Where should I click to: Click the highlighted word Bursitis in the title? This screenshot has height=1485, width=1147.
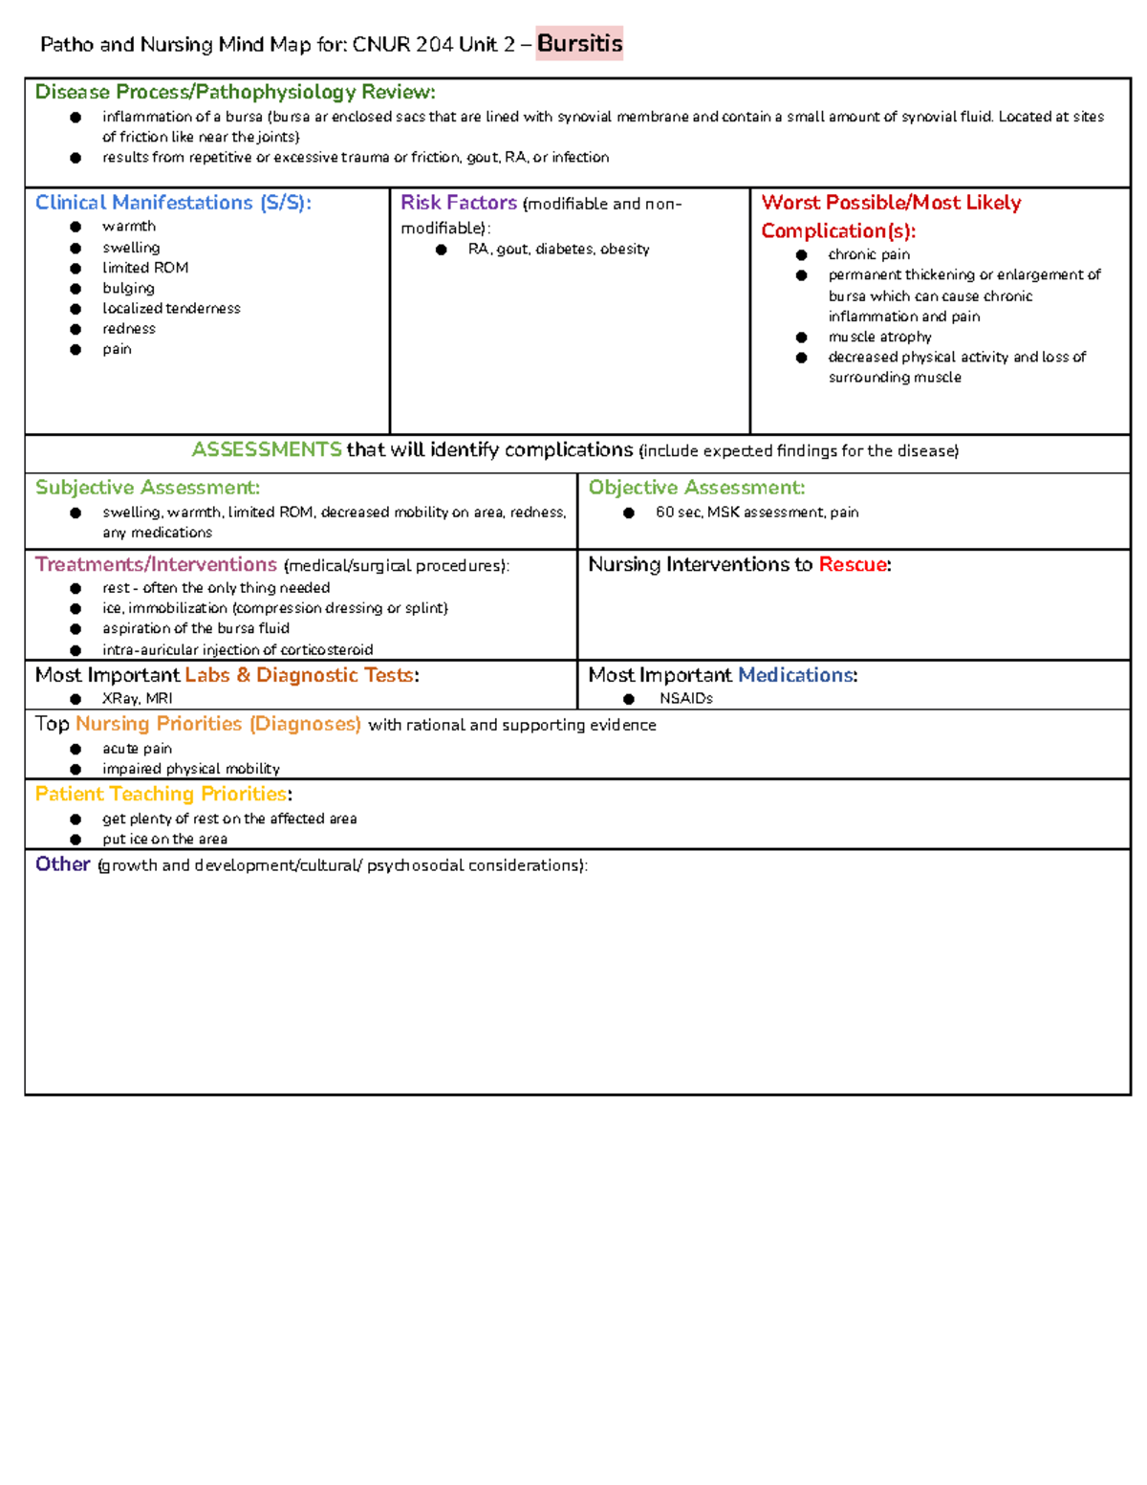[579, 43]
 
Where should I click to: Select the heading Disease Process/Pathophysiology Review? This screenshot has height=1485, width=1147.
[235, 92]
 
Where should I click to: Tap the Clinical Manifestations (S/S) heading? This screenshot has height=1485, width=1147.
[173, 203]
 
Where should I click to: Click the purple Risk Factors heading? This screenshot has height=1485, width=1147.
[459, 203]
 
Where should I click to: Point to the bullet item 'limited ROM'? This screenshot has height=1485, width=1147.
[145, 268]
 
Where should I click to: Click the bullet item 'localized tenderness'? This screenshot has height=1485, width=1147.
[171, 308]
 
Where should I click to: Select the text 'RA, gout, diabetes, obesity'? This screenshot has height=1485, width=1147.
[558, 249]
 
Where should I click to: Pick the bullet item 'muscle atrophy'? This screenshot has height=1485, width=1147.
[879, 337]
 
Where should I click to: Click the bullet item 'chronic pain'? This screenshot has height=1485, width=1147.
[869, 254]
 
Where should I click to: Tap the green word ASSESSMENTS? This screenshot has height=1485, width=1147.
[267, 449]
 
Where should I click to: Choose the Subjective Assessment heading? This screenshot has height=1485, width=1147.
[147, 488]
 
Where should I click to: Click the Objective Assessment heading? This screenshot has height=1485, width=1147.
[697, 488]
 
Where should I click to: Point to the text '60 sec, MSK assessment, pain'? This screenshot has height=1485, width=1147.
[757, 513]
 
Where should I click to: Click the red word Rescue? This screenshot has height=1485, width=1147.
[853, 564]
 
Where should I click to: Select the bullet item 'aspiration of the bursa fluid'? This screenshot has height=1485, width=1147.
[196, 628]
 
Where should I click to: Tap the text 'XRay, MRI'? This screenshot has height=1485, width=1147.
[138, 698]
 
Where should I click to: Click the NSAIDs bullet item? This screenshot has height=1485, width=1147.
[686, 698]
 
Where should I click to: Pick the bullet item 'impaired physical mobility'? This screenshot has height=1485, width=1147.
[191, 769]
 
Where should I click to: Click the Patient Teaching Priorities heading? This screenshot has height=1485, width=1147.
[161, 794]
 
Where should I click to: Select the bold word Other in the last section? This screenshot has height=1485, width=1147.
[63, 864]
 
